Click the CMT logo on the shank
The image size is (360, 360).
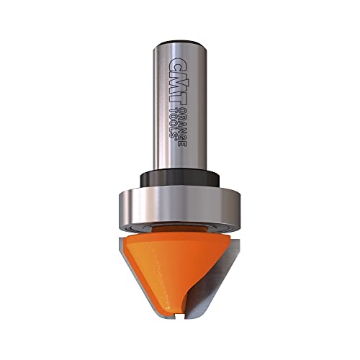click(179, 82)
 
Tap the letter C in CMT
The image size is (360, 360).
click(179, 64)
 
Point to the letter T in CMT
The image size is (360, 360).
click(179, 100)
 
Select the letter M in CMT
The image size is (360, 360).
click(179, 82)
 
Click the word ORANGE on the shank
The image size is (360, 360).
click(183, 127)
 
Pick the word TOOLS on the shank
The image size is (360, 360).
click(173, 122)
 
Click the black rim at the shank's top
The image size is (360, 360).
click(180, 43)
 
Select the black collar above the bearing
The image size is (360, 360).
click(179, 178)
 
